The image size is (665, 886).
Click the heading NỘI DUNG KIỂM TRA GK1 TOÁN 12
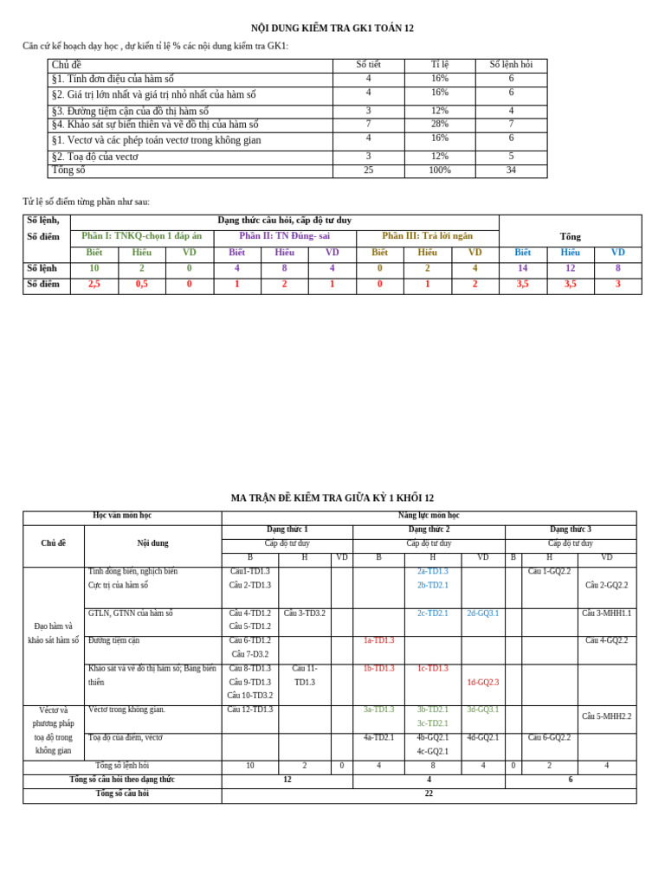coord(332,29)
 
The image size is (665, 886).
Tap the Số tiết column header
coord(368,65)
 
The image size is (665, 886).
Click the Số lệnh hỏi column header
coord(511,65)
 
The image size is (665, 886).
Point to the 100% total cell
coord(439,170)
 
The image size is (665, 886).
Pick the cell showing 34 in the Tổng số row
coord(511,170)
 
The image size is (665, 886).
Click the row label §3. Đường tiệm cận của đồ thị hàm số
coord(131,112)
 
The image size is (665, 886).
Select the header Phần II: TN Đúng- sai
coord(284,236)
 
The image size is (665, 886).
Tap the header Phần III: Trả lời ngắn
coord(427,236)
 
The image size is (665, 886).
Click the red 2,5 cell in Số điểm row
coord(94,284)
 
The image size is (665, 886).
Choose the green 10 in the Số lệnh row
coord(94,269)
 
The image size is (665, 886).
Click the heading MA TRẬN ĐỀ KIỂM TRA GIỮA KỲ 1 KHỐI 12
coord(332,498)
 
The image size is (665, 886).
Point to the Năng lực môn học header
coord(429,516)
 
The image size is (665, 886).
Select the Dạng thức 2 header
coord(429,530)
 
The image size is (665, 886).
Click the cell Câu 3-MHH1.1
coord(606,613)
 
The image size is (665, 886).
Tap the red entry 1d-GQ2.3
coord(482,683)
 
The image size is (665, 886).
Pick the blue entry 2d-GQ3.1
coord(482,613)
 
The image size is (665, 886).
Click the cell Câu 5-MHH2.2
coord(606,717)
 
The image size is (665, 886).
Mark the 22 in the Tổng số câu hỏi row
coord(429,794)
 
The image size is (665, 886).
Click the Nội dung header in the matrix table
coord(152,543)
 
